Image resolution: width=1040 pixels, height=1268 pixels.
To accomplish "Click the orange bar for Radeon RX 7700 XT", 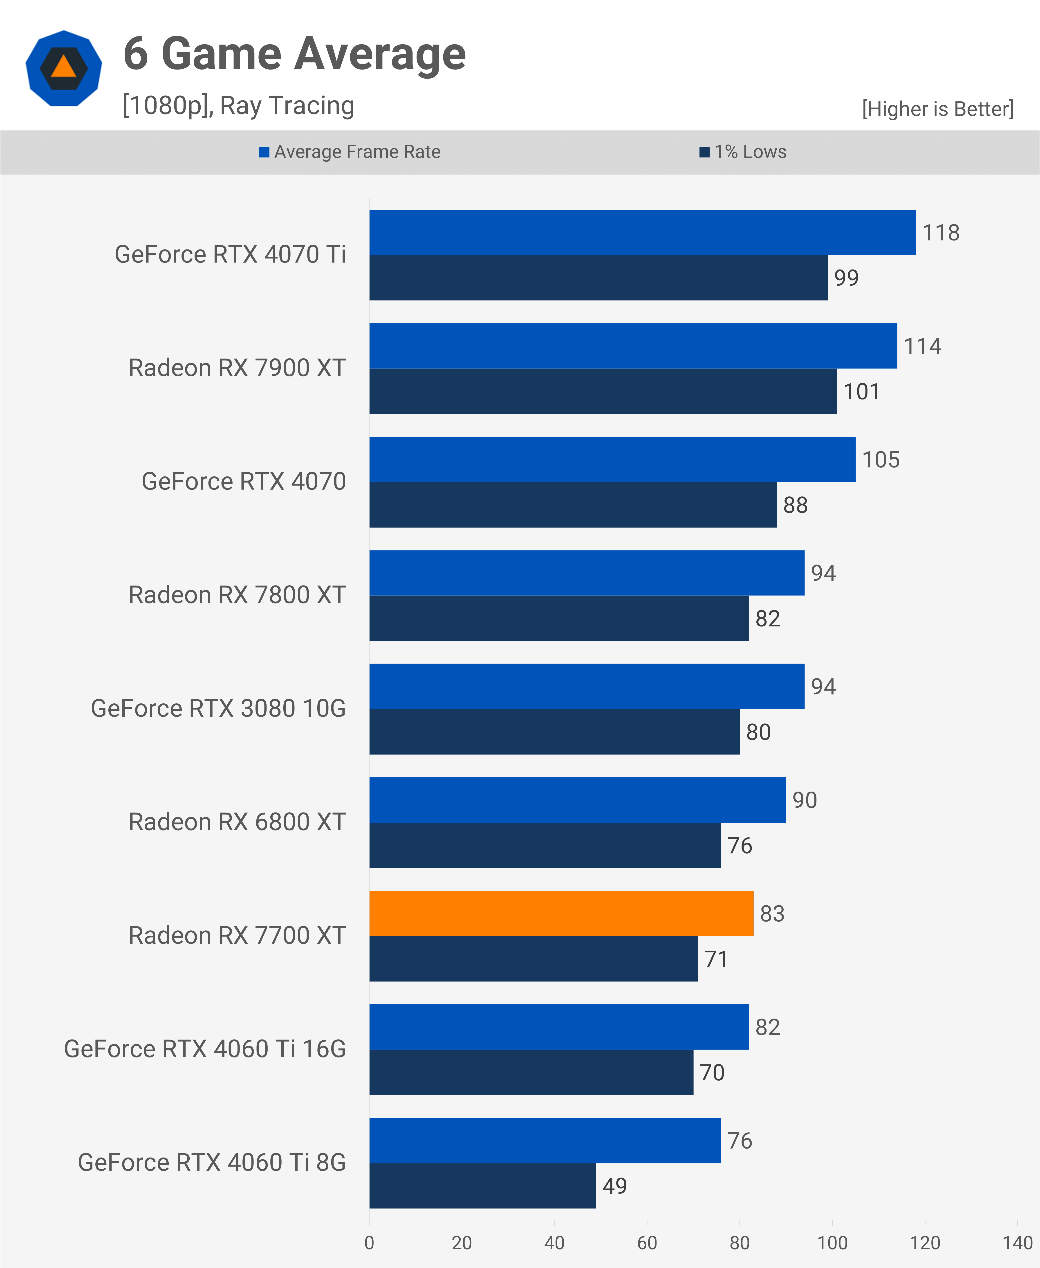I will point(561,913).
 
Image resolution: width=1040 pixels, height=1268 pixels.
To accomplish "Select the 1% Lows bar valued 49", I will point(482,1186).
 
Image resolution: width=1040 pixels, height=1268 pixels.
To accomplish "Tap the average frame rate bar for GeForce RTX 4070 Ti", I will point(642,233).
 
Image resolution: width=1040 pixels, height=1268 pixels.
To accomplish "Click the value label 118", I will point(941,233).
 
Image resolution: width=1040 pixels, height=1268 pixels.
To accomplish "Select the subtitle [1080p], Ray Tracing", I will point(238,105).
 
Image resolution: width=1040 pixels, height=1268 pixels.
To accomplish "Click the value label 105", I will point(881,460).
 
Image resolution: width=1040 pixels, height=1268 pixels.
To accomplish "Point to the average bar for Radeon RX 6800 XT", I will point(578,800).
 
